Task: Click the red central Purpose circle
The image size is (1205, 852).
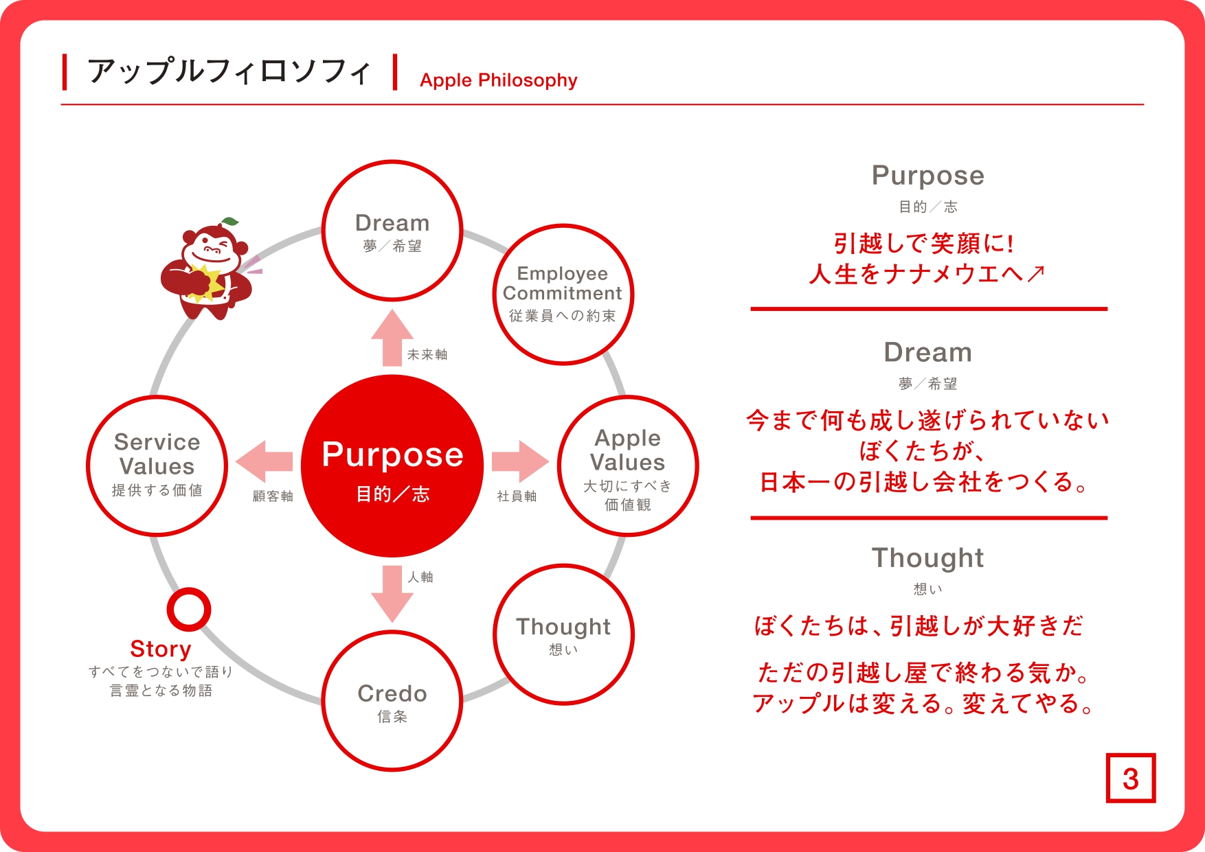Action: [x=392, y=465]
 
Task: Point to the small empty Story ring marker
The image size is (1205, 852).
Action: [x=189, y=590]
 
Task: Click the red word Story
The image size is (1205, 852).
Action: [x=161, y=649]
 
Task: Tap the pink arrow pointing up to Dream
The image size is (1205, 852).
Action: [x=392, y=338]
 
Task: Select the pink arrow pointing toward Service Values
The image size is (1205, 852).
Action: [x=264, y=461]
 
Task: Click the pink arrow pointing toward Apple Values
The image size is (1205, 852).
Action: [x=520, y=461]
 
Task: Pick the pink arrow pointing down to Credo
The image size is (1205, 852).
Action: [x=392, y=594]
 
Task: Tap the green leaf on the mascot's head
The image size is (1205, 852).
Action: [x=230, y=222]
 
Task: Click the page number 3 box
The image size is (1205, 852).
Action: [x=1131, y=778]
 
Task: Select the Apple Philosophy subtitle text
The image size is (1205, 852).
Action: [x=499, y=80]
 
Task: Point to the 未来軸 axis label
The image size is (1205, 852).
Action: [x=427, y=354]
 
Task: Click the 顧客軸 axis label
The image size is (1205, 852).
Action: [x=273, y=496]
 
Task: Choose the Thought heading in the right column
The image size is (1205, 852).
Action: [x=928, y=558]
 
